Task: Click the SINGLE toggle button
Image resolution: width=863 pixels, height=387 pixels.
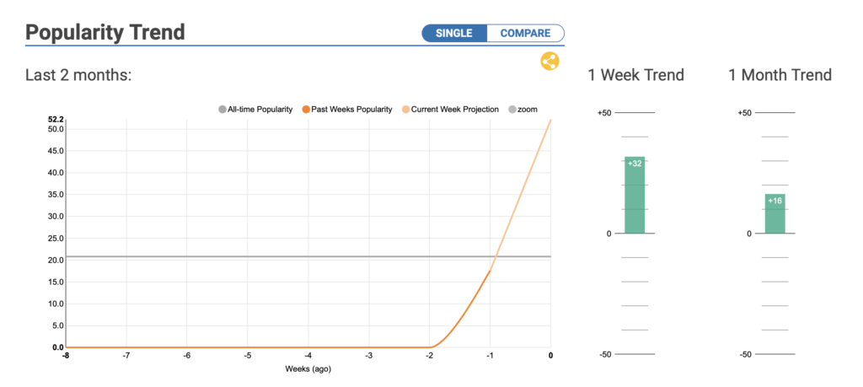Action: point(454,33)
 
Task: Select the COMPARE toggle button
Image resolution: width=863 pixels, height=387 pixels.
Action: point(526,33)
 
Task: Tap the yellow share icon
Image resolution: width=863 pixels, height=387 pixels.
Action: point(549,61)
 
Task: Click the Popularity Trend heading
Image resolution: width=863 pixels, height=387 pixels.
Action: point(105,33)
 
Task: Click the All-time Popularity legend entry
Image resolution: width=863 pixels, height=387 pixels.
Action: point(256,110)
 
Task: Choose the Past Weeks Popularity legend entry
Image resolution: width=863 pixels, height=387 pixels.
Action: point(347,110)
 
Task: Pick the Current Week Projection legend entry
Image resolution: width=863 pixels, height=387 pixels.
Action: point(450,110)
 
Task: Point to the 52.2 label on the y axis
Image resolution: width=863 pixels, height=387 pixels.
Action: point(56,120)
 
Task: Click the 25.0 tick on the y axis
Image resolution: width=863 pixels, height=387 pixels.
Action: point(56,239)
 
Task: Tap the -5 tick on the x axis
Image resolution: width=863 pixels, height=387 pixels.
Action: point(248,356)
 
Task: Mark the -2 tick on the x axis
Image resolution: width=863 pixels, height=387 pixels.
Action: point(429,356)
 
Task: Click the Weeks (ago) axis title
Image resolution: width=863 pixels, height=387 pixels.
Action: point(308,368)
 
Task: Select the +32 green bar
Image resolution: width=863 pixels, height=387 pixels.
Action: point(635,195)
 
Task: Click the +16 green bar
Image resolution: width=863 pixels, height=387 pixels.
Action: point(775,213)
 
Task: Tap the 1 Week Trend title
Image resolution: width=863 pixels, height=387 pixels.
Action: point(635,75)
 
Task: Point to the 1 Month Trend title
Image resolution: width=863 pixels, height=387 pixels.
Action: point(780,75)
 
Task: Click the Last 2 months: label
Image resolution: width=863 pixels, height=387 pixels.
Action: point(78,75)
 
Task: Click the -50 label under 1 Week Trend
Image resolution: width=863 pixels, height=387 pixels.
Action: point(605,354)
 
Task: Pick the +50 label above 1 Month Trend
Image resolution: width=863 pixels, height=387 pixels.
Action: point(745,113)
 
